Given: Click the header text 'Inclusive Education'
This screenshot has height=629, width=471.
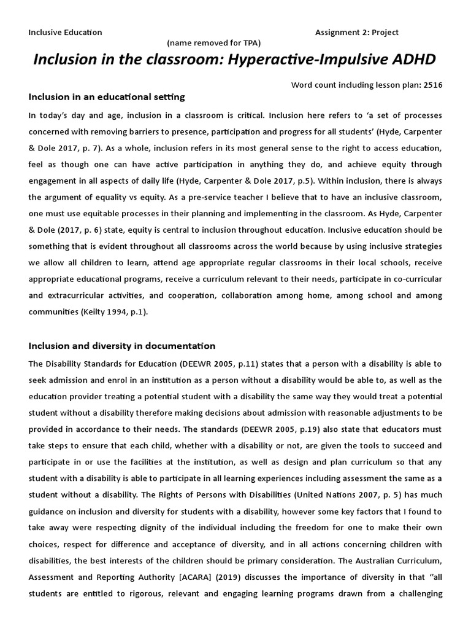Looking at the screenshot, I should click(x=65, y=32).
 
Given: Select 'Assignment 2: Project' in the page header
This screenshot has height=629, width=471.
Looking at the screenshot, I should click(x=356, y=32).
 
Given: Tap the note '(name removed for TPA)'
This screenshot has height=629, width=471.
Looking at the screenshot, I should click(x=214, y=42).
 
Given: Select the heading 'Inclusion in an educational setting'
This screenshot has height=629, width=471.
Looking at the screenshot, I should click(x=107, y=97).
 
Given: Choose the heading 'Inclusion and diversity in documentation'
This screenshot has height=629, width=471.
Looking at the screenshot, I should click(x=122, y=346).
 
